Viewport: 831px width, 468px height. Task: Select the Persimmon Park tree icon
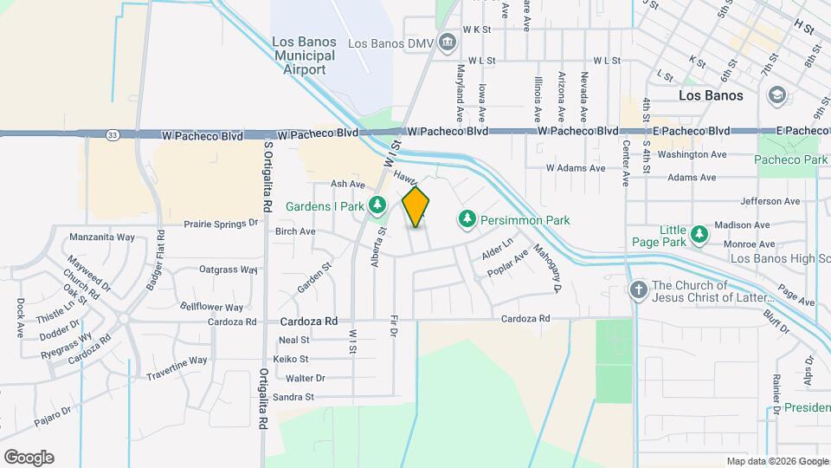coord(467,220)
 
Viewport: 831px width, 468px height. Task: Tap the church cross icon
coord(638,290)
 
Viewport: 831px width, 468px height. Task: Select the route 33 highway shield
coord(113,134)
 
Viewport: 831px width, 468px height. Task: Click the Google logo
coord(29,458)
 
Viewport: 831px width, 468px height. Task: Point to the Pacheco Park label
coord(790,159)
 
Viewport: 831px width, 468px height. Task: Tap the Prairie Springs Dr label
coord(221,223)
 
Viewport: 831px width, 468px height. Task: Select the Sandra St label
coord(293,397)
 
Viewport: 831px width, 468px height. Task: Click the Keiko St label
coord(291,359)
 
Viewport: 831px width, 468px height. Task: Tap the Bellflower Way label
coord(211,307)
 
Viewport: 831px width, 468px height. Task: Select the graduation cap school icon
coord(776,94)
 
